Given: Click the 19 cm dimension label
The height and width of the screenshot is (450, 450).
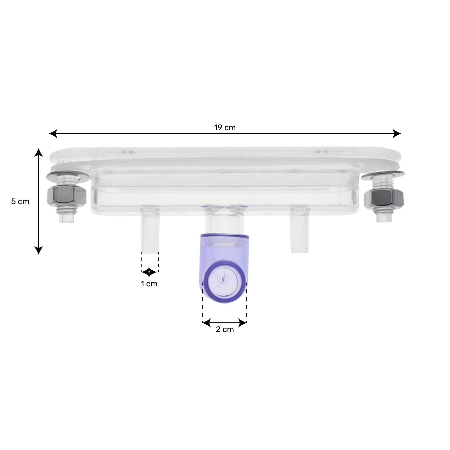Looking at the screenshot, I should (225, 128).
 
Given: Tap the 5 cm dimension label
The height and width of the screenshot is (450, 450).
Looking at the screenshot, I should (20, 202).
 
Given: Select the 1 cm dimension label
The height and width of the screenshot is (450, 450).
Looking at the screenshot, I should (149, 284).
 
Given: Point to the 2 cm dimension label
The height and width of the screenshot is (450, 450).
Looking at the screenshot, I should (225, 329).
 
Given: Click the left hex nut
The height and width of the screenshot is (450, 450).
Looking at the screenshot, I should (67, 196).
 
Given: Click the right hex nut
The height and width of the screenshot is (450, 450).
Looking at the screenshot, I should (383, 197).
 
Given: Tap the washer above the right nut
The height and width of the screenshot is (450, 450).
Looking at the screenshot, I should (382, 175).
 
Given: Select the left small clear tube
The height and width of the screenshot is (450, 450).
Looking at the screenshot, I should (150, 233).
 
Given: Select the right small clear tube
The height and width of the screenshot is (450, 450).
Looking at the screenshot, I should (299, 233).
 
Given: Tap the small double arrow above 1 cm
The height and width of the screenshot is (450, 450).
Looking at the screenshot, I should (149, 272).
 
